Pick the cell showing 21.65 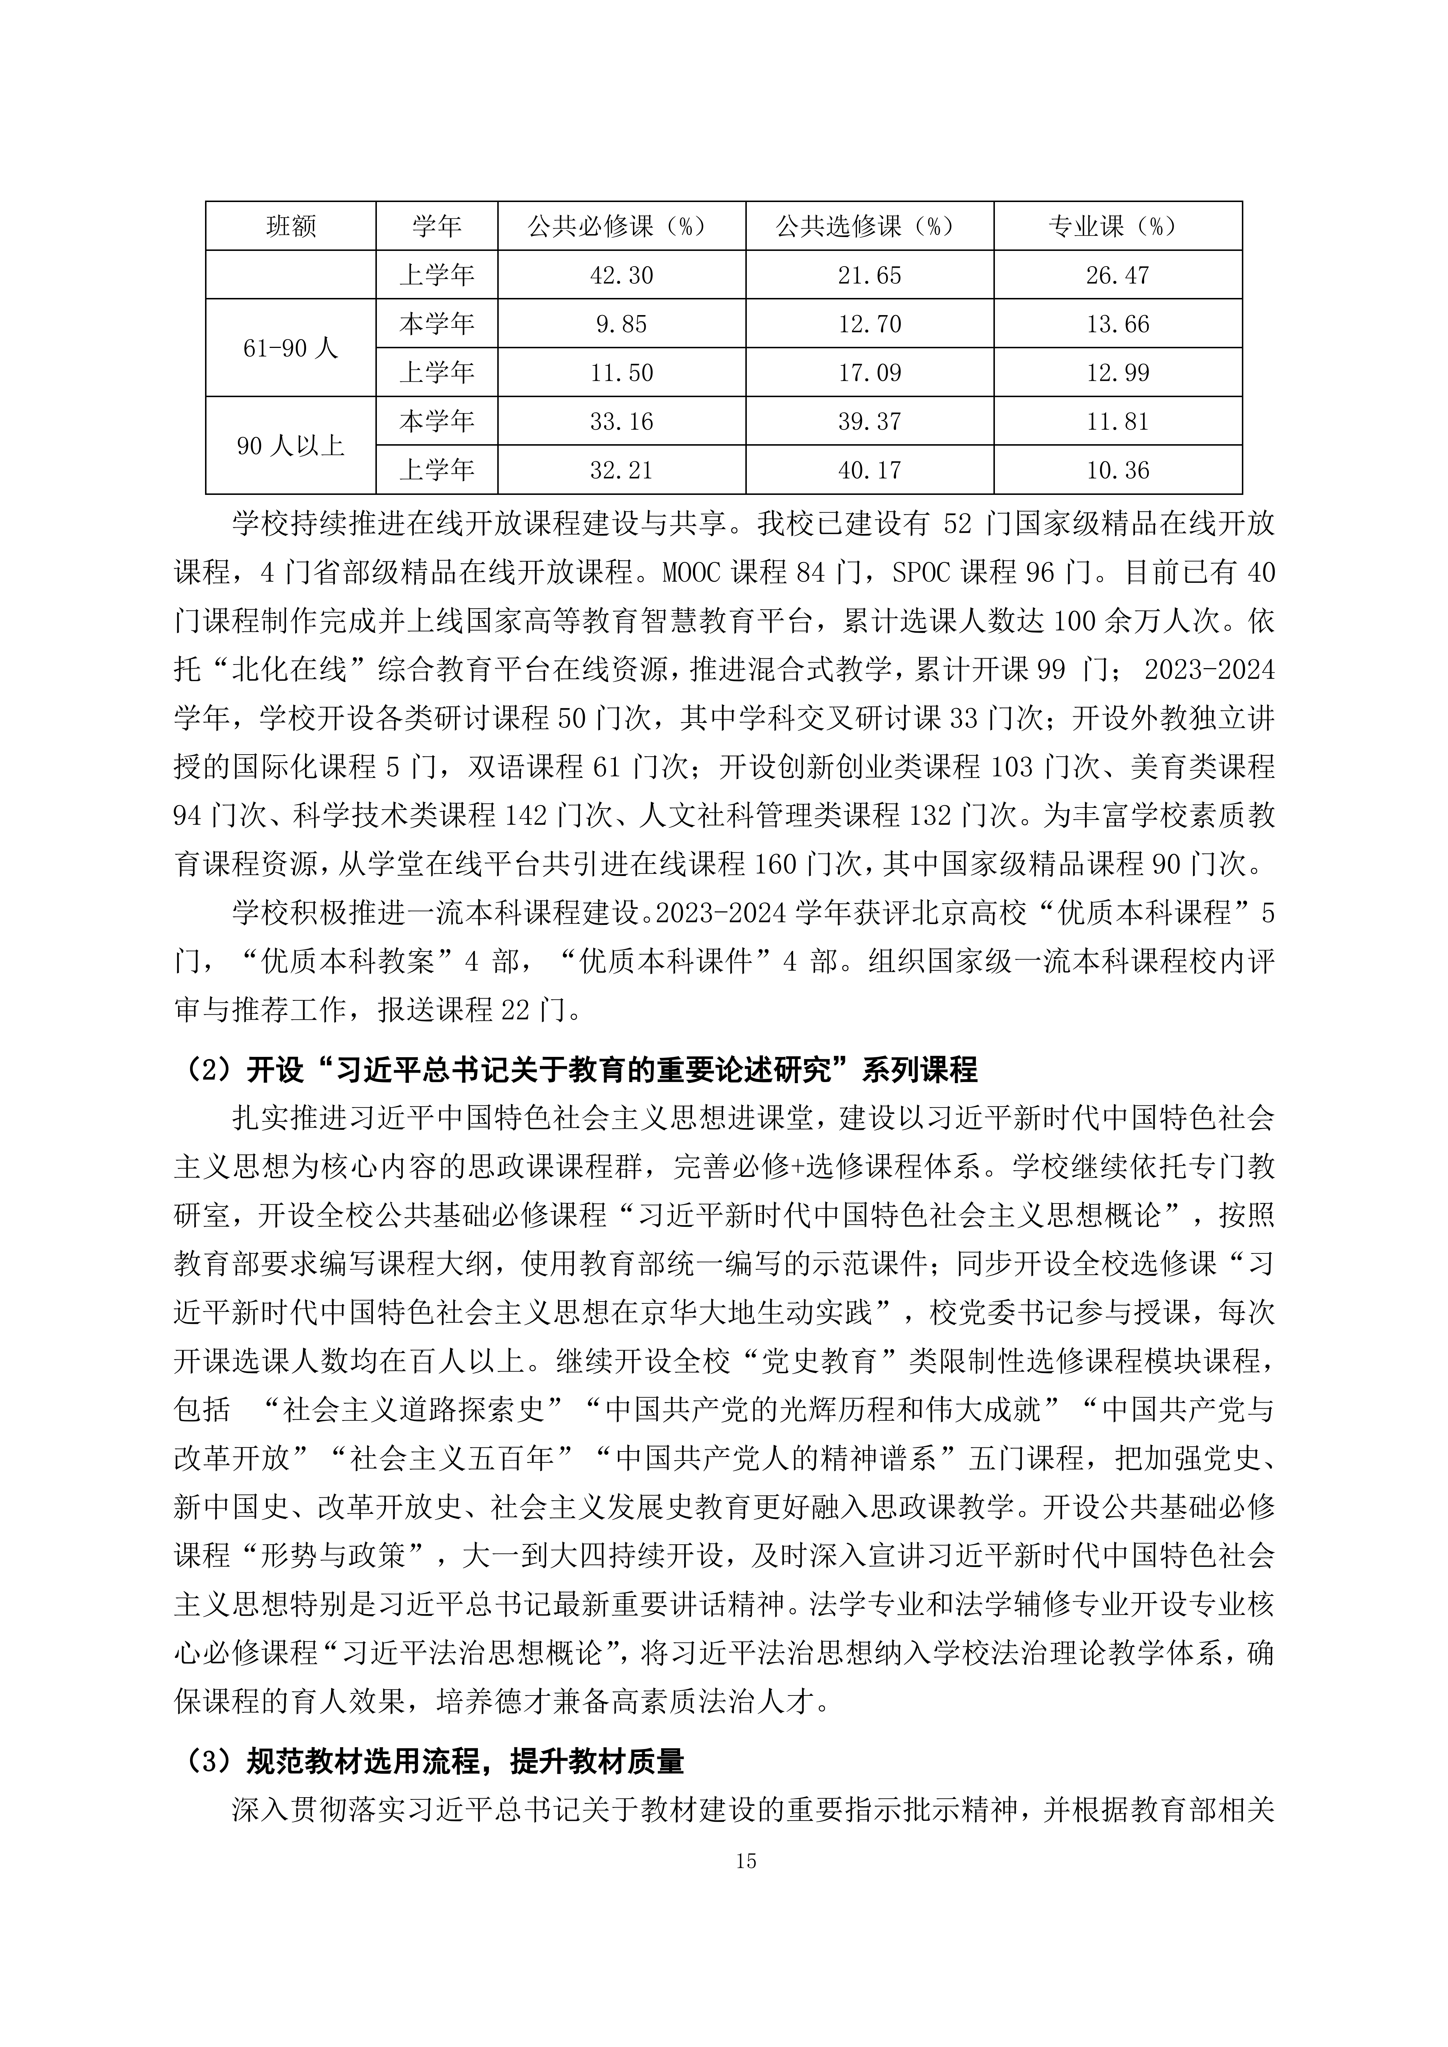tap(869, 275)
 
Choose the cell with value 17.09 tap(869, 373)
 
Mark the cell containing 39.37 tap(869, 421)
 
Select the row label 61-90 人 tap(291, 348)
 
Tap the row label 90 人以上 tap(291, 446)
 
